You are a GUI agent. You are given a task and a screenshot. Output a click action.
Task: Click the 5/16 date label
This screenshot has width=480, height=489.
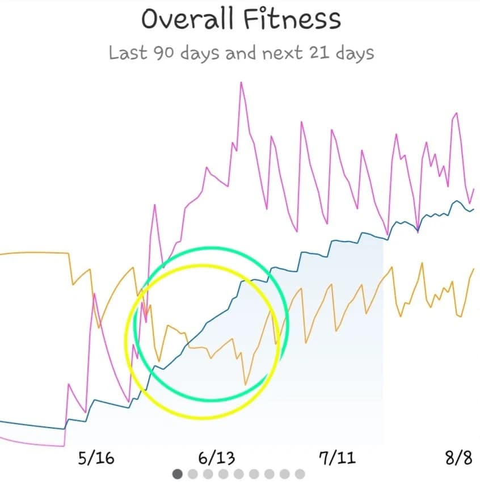96,458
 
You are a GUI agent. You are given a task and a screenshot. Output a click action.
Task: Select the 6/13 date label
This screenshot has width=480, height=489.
217,458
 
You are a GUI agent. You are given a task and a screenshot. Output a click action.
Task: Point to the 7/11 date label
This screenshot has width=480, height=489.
338,458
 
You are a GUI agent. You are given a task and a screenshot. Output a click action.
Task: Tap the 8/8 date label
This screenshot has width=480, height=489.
458,458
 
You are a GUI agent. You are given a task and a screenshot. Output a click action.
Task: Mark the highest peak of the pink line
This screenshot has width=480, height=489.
241,82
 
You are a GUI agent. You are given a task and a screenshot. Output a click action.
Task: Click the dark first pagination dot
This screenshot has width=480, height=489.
178,474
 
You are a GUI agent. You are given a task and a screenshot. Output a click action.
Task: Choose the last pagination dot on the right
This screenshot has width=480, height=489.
300,474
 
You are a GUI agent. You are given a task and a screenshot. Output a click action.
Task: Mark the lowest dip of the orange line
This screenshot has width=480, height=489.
246,385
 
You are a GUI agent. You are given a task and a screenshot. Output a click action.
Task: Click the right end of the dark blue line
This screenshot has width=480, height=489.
474,209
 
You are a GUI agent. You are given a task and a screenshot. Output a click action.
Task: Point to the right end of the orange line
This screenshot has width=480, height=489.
473,269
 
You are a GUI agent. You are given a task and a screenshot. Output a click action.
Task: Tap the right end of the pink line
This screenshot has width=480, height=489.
474,189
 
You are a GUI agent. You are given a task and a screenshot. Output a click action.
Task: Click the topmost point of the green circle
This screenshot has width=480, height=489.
211,247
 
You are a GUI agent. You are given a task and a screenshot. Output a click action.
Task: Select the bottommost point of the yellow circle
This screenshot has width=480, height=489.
202,418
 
